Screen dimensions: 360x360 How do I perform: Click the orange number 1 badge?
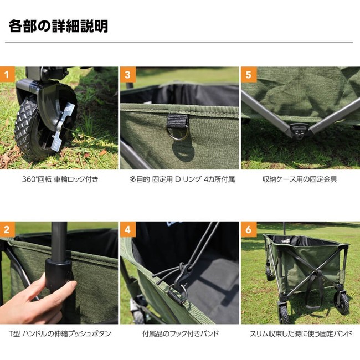tap(7, 74)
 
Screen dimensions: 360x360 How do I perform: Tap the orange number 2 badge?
tap(7, 229)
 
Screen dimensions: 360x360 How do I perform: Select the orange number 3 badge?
tap(128, 74)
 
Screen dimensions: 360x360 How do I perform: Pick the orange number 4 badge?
tap(128, 229)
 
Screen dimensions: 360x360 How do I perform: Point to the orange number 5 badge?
tap(249, 74)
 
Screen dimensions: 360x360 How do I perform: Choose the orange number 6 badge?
tap(249, 229)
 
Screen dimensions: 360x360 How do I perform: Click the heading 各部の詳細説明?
tap(58, 27)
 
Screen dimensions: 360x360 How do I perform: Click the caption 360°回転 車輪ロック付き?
tap(60, 179)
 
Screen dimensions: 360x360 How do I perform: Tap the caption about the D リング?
tap(182, 179)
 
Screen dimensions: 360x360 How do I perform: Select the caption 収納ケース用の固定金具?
tap(300, 179)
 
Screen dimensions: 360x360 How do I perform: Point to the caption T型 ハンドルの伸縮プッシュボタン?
tap(60, 333)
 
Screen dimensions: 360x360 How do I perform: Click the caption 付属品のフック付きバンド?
tap(181, 333)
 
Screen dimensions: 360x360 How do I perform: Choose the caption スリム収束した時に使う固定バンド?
tap(301, 333)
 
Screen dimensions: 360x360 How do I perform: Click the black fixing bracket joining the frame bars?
tap(299, 131)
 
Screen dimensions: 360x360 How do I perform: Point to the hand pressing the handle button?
tap(34, 299)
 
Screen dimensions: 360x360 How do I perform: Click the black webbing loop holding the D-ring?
tap(178, 121)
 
